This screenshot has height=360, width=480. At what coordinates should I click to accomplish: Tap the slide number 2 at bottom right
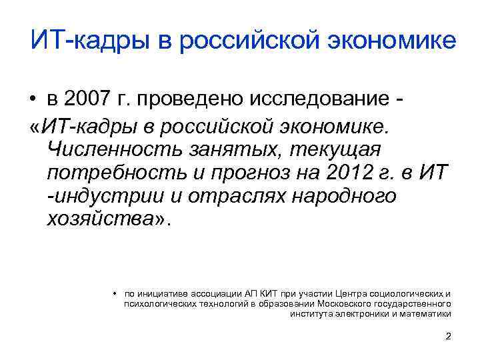448,336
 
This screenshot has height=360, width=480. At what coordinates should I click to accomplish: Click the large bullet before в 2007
32,100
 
